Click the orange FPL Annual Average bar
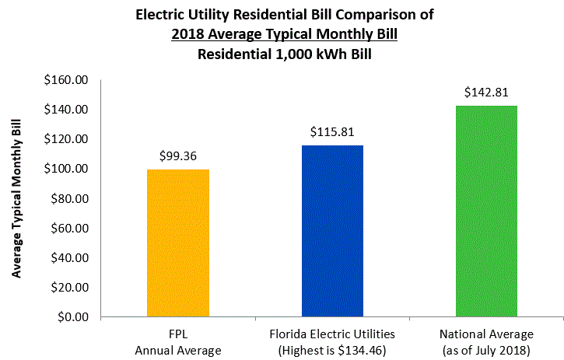click(177, 243)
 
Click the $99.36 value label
click(177, 156)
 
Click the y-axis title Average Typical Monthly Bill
click(16, 198)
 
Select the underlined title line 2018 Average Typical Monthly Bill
click(284, 35)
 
